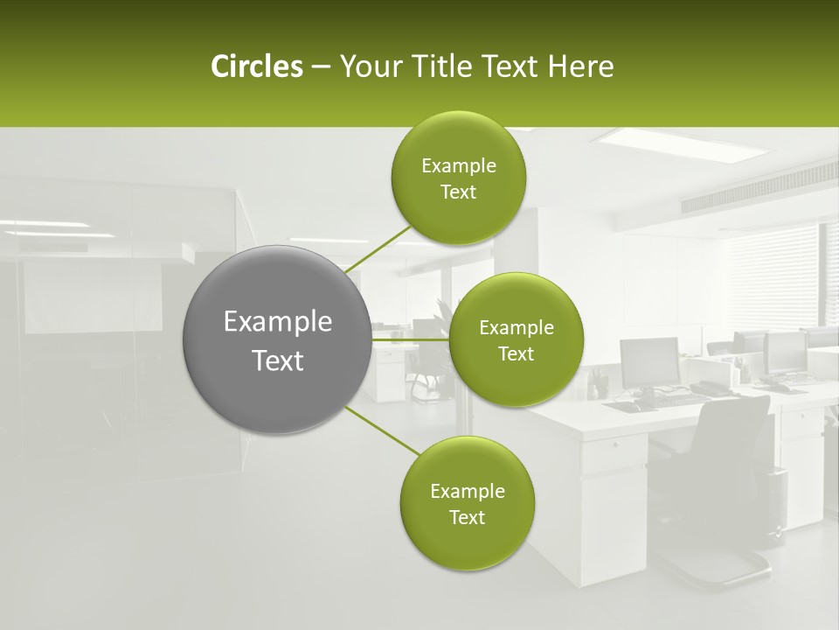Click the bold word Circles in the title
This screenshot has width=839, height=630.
pos(256,66)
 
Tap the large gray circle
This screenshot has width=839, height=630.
pos(277,339)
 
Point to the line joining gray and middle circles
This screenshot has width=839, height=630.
pos(410,339)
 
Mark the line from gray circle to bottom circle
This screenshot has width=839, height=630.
pos(381,430)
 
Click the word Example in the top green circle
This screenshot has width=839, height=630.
pos(458,166)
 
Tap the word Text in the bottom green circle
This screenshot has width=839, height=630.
pos(467,517)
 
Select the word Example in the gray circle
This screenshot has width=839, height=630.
pos(277,322)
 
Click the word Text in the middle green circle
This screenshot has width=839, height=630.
pos(516,353)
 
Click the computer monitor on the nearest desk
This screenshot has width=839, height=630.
pos(649,360)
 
